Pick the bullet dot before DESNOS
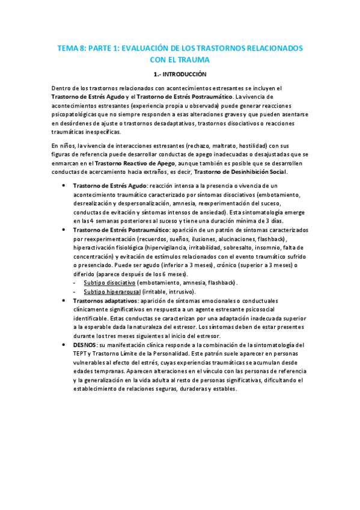click(x=63, y=345)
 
